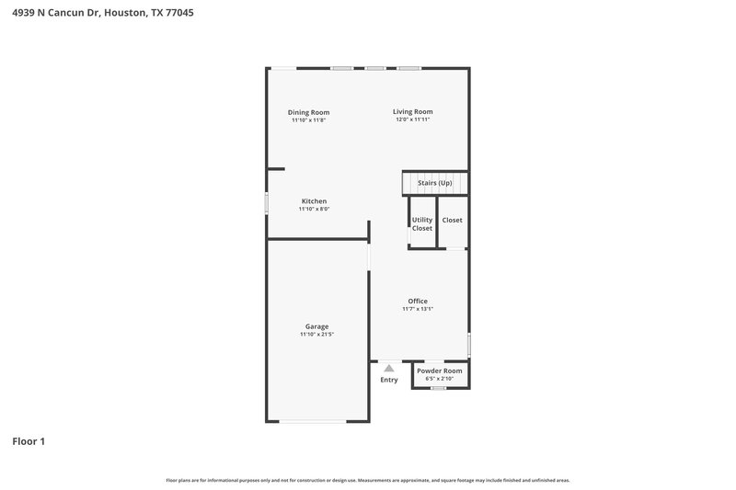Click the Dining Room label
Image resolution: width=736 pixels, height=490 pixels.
coord(308,112)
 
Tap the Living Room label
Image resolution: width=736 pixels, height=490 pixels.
coord(413,111)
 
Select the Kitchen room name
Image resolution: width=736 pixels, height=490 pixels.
coord(314,201)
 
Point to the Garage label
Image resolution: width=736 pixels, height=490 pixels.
coord(316,326)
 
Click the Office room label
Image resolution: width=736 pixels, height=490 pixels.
coord(418,301)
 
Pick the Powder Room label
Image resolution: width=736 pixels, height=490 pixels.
coord(439,370)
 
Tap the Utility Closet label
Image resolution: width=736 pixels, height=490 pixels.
coord(422,223)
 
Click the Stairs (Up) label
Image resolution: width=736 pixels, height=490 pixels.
coord(435,183)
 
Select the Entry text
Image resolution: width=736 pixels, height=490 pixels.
coord(389,380)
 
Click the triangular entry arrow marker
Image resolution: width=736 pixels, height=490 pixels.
coord(389,368)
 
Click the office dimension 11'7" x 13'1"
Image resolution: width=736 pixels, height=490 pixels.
coord(418,309)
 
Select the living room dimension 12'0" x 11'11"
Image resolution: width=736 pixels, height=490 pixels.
coord(413,120)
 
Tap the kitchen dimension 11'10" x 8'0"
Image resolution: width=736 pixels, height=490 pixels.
coord(314,210)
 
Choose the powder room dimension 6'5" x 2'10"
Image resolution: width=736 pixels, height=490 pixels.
coord(439,379)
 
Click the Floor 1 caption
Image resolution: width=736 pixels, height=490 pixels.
coord(29,441)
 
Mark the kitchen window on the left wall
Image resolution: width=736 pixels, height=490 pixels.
coord(267,203)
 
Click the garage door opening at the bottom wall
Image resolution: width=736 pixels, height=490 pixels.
coord(313,421)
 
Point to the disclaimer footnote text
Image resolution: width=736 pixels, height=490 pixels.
coord(368,480)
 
